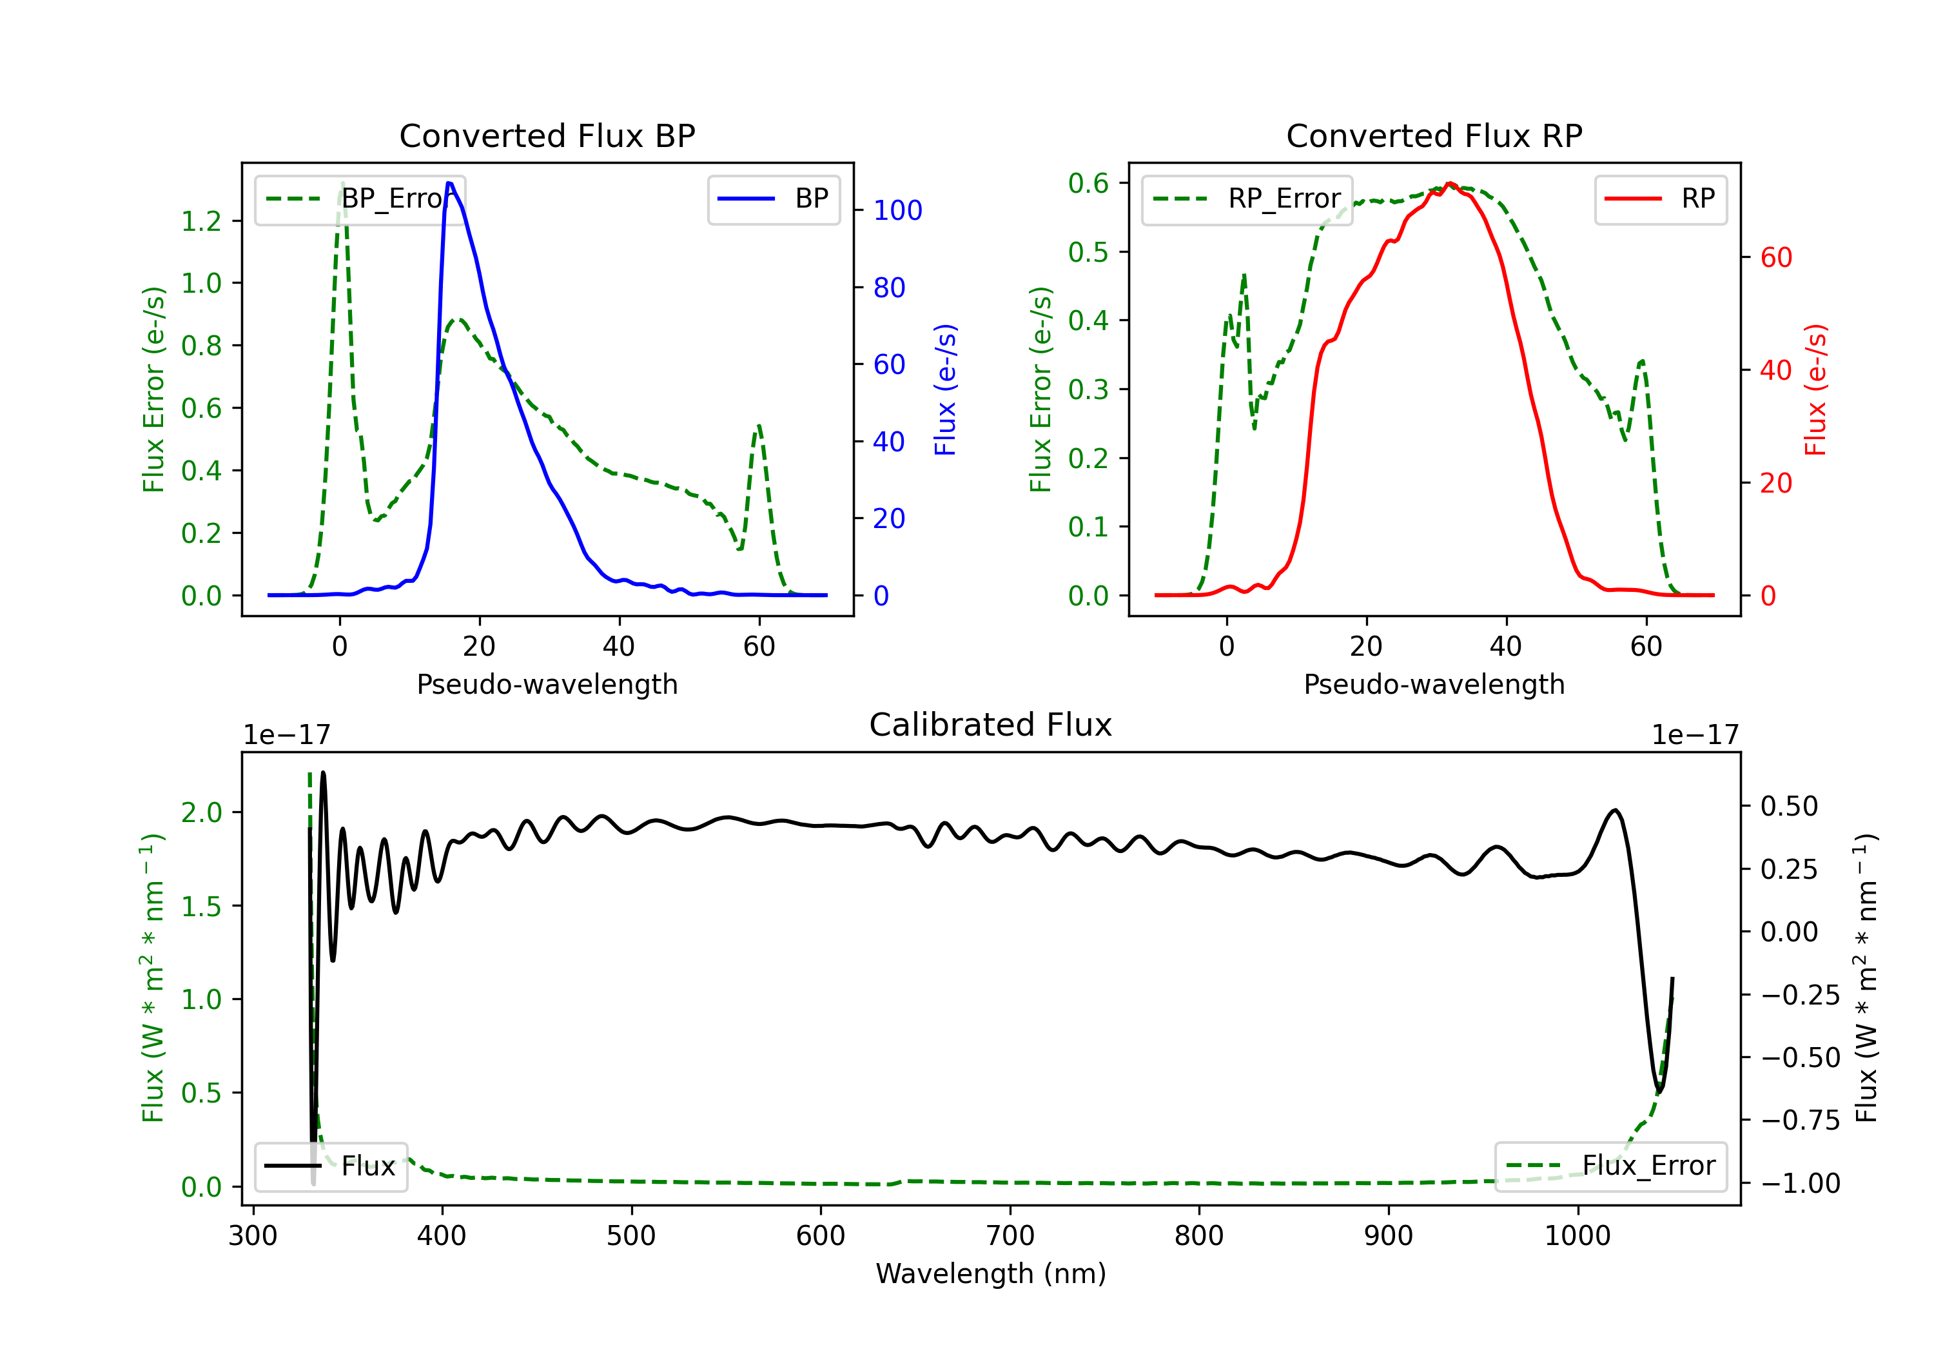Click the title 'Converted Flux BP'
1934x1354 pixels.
pyautogui.click(x=547, y=135)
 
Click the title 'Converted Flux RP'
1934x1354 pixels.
pyautogui.click(x=1434, y=135)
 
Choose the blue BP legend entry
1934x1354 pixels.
pyautogui.click(x=773, y=199)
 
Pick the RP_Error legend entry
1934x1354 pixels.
pyautogui.click(x=1247, y=199)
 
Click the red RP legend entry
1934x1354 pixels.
pyautogui.click(x=1660, y=199)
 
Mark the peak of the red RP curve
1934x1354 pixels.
pyautogui.click(x=1450, y=184)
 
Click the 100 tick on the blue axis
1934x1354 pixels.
pyautogui.click(x=897, y=211)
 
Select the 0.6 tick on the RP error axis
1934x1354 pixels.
pyautogui.click(x=1088, y=183)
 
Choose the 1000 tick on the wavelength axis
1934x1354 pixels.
pyautogui.click(x=1577, y=1236)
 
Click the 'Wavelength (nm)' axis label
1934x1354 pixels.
pyautogui.click(x=991, y=1273)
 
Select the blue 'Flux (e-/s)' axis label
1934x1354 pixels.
pyautogui.click(x=946, y=389)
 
